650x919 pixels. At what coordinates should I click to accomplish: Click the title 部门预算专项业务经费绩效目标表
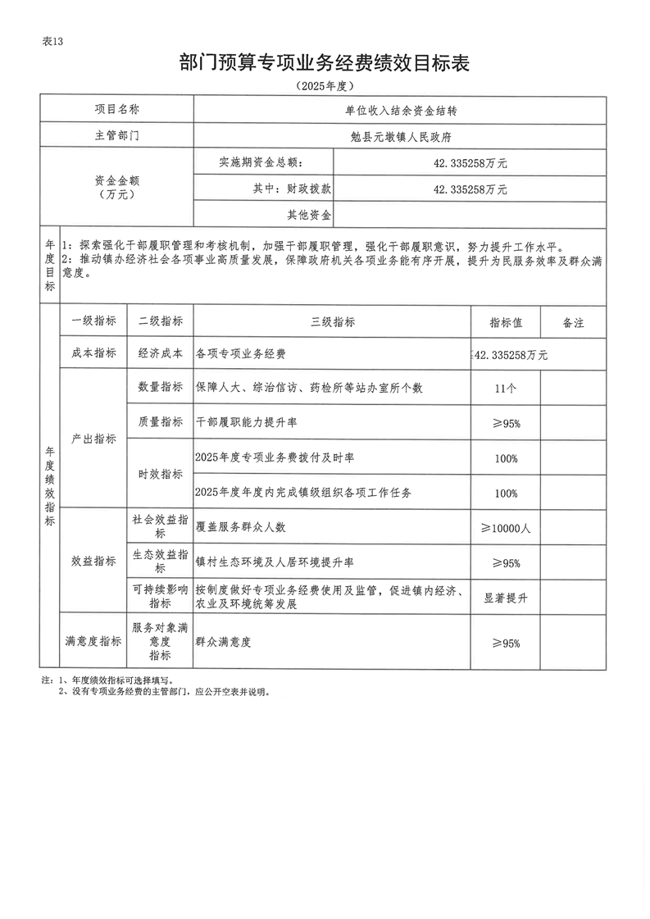pyautogui.click(x=325, y=63)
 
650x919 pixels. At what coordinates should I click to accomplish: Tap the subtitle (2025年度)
pyautogui.click(x=325, y=85)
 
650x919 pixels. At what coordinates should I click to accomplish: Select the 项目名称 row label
pyautogui.click(x=116, y=109)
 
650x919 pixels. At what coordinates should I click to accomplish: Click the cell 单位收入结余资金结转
pyautogui.click(x=400, y=109)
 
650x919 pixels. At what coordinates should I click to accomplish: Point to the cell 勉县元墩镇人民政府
pyautogui.click(x=400, y=135)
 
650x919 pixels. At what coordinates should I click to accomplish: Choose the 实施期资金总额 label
pyautogui.click(x=262, y=162)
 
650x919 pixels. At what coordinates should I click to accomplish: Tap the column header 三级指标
pyautogui.click(x=333, y=322)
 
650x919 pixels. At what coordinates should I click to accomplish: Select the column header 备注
pyautogui.click(x=573, y=322)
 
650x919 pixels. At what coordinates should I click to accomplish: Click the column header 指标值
pyautogui.click(x=506, y=322)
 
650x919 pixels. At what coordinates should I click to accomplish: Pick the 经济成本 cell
pyautogui.click(x=161, y=354)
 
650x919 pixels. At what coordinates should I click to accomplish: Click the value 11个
pyautogui.click(x=506, y=387)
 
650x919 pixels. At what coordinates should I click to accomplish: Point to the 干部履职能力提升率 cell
pyautogui.click(x=248, y=422)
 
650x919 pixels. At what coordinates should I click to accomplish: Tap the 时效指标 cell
pyautogui.click(x=161, y=475)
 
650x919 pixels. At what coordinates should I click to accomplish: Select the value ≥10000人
pyautogui.click(x=506, y=528)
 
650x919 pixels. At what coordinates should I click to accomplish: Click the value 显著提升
pyautogui.click(x=506, y=598)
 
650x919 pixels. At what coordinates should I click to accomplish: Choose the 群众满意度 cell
pyautogui.click(x=224, y=642)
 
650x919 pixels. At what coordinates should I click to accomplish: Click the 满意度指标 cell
pyautogui.click(x=93, y=642)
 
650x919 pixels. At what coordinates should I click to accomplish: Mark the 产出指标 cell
pyautogui.click(x=93, y=439)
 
